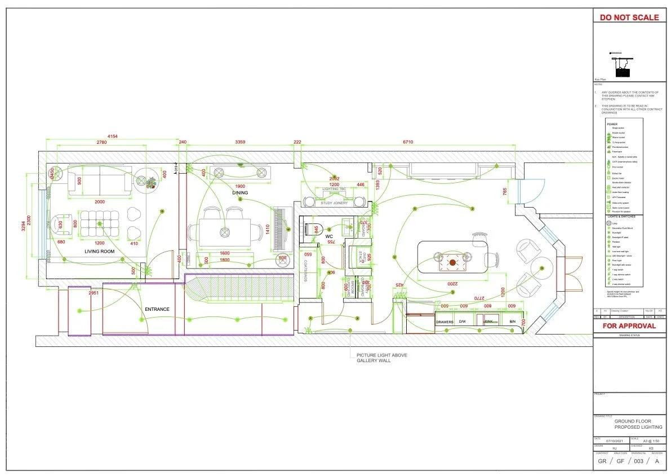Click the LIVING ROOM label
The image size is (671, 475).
[x=100, y=251]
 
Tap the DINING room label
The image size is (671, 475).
[x=241, y=193]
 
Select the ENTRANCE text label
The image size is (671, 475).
[x=157, y=309]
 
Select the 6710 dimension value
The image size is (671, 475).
[x=407, y=142]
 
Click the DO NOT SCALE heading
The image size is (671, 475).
[x=629, y=17]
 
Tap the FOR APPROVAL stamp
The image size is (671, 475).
[x=629, y=326]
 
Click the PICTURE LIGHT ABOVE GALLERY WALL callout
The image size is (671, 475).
[x=381, y=358]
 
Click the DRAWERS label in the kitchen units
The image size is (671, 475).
[x=445, y=322]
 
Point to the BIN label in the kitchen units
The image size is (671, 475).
[x=512, y=322]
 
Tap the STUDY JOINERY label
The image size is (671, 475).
[x=335, y=203]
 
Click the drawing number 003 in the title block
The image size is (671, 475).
[x=639, y=461]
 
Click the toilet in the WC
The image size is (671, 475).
[x=312, y=229]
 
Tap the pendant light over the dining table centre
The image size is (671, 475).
[x=225, y=231]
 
